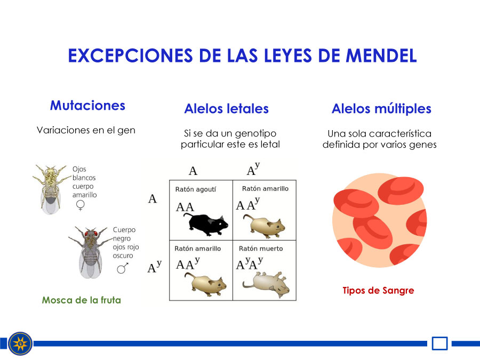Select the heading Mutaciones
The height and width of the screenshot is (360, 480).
pos(87,105)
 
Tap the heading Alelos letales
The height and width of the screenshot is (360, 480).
pos(226,109)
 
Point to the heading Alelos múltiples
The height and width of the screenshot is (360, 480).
pos(381,109)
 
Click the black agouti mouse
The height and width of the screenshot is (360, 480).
pos(206,225)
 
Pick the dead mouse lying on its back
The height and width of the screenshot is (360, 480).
pos(266,284)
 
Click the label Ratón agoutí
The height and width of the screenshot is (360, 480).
pos(196,189)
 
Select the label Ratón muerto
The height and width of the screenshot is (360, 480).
pos(261,249)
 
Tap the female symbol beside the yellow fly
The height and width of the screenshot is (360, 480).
pos(80,205)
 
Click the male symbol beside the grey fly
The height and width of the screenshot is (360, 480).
pos(123,268)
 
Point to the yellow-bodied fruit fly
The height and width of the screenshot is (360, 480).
pos(51,189)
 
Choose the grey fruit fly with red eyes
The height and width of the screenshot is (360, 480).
pos(90,252)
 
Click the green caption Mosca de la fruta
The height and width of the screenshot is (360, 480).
pos(82,300)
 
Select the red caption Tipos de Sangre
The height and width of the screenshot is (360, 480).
pos(378,290)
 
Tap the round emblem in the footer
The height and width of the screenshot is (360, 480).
pos(20,343)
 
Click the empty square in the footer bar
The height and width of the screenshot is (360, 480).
pos(439,343)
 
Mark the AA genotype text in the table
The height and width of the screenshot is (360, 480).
pos(185,207)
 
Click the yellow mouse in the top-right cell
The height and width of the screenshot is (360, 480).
pos(264,226)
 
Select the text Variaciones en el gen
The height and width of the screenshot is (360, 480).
pos(86,131)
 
